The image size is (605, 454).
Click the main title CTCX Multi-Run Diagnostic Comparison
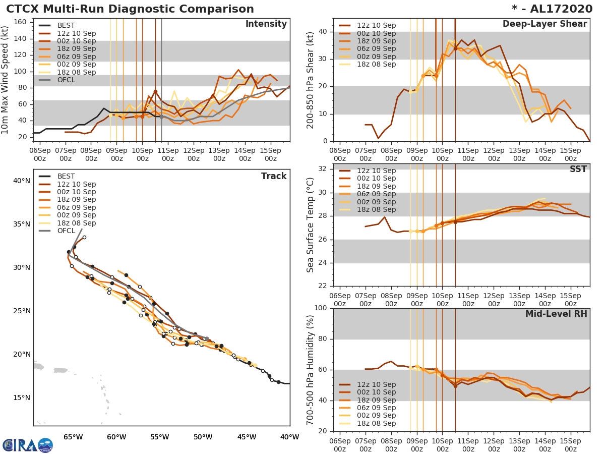pos(130,9)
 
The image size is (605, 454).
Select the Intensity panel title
pos(266,24)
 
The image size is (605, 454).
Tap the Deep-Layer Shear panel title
pos(544,24)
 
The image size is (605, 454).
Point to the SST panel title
pos(578,169)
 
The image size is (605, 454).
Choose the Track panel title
pos(273,176)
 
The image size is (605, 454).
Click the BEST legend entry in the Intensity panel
pos(66,26)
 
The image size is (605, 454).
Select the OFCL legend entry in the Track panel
pos(66,231)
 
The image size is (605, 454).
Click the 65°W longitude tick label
pos(73,437)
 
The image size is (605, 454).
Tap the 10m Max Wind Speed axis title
pos(6,81)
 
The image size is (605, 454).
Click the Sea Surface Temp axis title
pos(311,224)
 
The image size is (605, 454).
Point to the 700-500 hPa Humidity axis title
pos(311,370)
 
